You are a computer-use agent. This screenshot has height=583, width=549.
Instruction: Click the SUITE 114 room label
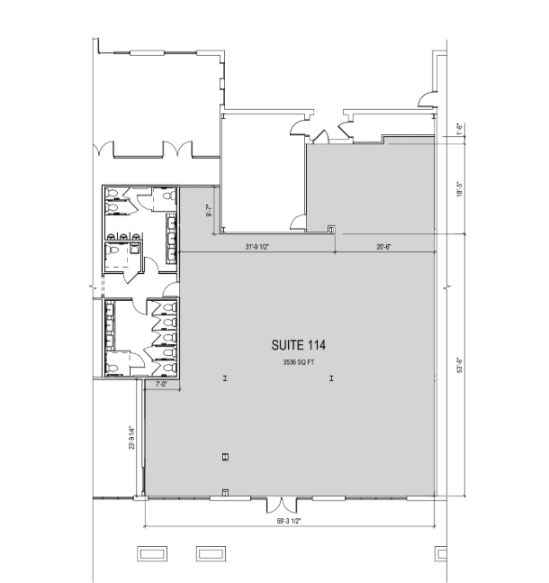[298, 344]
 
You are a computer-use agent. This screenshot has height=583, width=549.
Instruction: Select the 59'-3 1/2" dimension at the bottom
[289, 519]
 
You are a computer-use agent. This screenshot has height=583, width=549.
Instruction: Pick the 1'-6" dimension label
[459, 129]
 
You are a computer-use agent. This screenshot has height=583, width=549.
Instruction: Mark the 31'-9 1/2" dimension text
[258, 246]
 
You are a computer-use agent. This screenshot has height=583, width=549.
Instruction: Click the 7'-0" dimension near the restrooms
[162, 385]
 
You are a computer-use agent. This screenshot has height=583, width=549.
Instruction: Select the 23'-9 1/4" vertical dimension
[132, 436]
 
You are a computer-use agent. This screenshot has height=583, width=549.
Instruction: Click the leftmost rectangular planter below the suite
[149, 552]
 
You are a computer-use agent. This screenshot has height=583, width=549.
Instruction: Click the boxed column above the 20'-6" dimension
[331, 230]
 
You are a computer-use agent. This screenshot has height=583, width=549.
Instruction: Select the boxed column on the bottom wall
[224, 492]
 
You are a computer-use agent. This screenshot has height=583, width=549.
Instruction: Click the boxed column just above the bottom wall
[224, 458]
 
